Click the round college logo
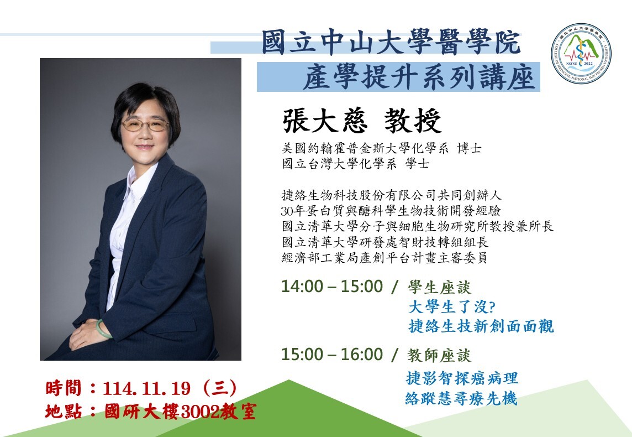pyautogui.click(x=581, y=54)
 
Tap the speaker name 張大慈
pyautogui.click(x=324, y=121)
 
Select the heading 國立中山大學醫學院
pyautogui.click(x=391, y=42)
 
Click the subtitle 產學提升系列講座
pyautogui.click(x=418, y=77)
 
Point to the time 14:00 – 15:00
pyautogui.click(x=331, y=286)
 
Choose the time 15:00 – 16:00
pyautogui.click(x=331, y=354)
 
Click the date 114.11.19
pyautogui.click(x=146, y=388)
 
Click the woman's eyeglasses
pyautogui.click(x=145, y=125)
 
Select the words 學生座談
pyautogui.click(x=439, y=287)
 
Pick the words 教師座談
pyautogui.click(x=439, y=356)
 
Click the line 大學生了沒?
pyautogui.click(x=451, y=306)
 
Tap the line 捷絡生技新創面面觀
pyautogui.click(x=481, y=326)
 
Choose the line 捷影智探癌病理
pyautogui.click(x=461, y=378)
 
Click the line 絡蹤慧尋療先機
pyautogui.click(x=461, y=398)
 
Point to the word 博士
pyautogui.click(x=469, y=148)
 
